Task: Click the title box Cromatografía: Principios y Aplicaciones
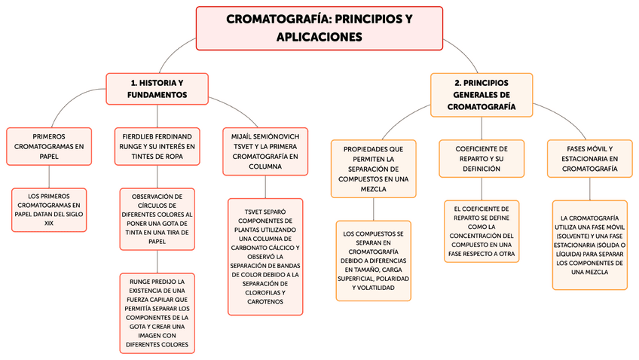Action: (x=319, y=28)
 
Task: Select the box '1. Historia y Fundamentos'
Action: (x=157, y=89)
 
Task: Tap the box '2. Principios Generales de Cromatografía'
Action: (x=482, y=95)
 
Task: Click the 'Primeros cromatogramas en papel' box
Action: (x=47, y=146)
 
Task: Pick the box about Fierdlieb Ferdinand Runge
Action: (x=157, y=146)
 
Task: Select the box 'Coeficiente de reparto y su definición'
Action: (x=482, y=158)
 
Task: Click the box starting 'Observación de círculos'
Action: (x=157, y=218)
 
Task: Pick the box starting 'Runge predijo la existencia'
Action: (x=157, y=313)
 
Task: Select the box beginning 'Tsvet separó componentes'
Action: (x=265, y=256)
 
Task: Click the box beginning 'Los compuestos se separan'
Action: (x=374, y=261)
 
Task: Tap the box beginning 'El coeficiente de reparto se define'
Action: (x=482, y=231)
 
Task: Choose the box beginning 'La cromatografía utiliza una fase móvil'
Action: (x=590, y=244)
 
